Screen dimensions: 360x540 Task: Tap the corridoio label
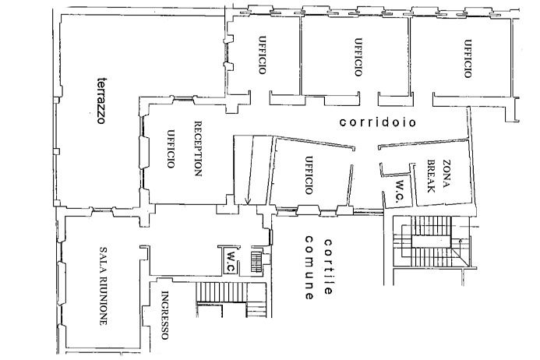coord(377,123)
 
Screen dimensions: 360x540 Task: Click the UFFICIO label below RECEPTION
coord(169,150)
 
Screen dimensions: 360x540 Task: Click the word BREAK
coord(429,175)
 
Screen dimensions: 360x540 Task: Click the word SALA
coord(102,259)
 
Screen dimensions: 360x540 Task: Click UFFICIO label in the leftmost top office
coord(263,56)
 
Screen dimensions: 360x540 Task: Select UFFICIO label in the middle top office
coord(358,57)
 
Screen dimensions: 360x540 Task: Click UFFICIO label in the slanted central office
coord(309,175)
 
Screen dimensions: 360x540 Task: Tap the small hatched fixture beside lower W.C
coord(255,260)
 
